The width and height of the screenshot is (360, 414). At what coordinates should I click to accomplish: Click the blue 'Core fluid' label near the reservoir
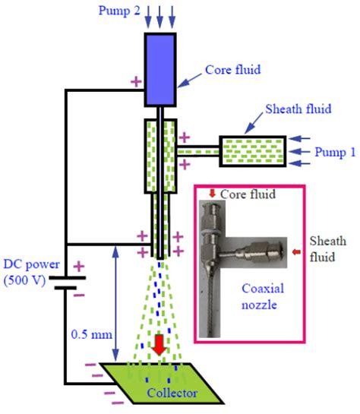click(x=232, y=69)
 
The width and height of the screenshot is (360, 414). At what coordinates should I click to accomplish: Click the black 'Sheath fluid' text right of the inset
click(x=332, y=248)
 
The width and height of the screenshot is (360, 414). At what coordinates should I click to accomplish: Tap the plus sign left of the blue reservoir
click(x=136, y=81)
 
